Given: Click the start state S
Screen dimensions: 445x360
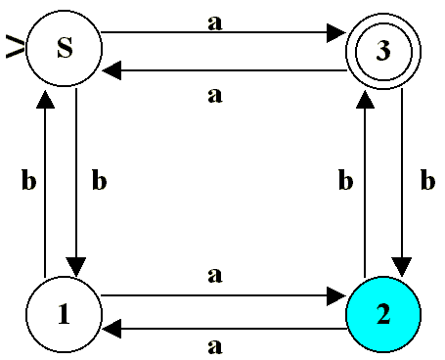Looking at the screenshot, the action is pos(64,48).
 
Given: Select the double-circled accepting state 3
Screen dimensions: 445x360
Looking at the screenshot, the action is pos(383,51).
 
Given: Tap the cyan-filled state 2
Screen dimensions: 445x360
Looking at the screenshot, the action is pos(383,315).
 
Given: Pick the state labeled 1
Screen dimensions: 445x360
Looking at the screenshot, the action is pos(64,315).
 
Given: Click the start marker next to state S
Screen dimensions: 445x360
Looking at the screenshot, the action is pos(15,48).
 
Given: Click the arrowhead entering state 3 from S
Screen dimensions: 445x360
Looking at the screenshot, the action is pos(336,32).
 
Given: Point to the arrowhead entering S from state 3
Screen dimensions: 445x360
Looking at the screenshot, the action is pos(111,70).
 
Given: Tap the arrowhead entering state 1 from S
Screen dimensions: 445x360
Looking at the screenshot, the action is pos(76,267).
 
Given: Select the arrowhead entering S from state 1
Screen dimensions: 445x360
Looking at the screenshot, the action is pos(45,99).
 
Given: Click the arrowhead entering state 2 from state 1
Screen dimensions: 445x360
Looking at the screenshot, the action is pos(336,296).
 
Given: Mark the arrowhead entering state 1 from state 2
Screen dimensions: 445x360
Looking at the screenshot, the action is pos(111,329).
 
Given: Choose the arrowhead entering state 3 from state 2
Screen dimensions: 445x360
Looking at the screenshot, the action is pos(365,99).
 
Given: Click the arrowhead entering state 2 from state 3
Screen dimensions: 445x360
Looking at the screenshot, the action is pos(402,267).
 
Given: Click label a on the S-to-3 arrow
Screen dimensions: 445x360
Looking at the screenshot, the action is pos(215,22).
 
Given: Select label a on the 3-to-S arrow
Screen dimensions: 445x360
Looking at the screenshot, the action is pos(215,96).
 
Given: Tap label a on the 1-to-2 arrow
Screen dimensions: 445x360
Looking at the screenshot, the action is pos(215,275).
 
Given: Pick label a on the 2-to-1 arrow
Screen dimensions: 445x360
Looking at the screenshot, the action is pos(215,346).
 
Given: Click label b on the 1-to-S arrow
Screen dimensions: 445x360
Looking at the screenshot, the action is pos(28,179).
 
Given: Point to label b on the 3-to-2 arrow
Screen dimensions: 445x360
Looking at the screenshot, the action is pos(427,179).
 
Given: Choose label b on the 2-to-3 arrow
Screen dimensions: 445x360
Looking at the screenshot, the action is pos(345,179).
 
